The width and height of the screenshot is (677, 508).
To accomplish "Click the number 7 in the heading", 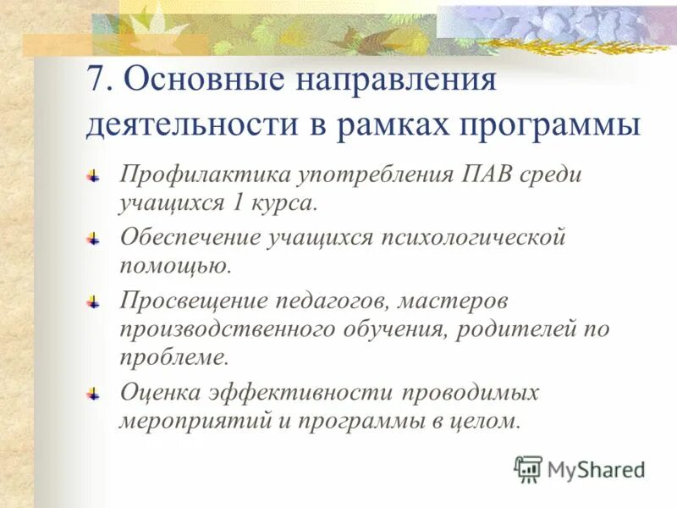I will pos(96,82).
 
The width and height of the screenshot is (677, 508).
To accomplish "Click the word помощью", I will pos(174,267).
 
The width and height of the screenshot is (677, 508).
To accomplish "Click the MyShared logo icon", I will pos(528,468).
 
